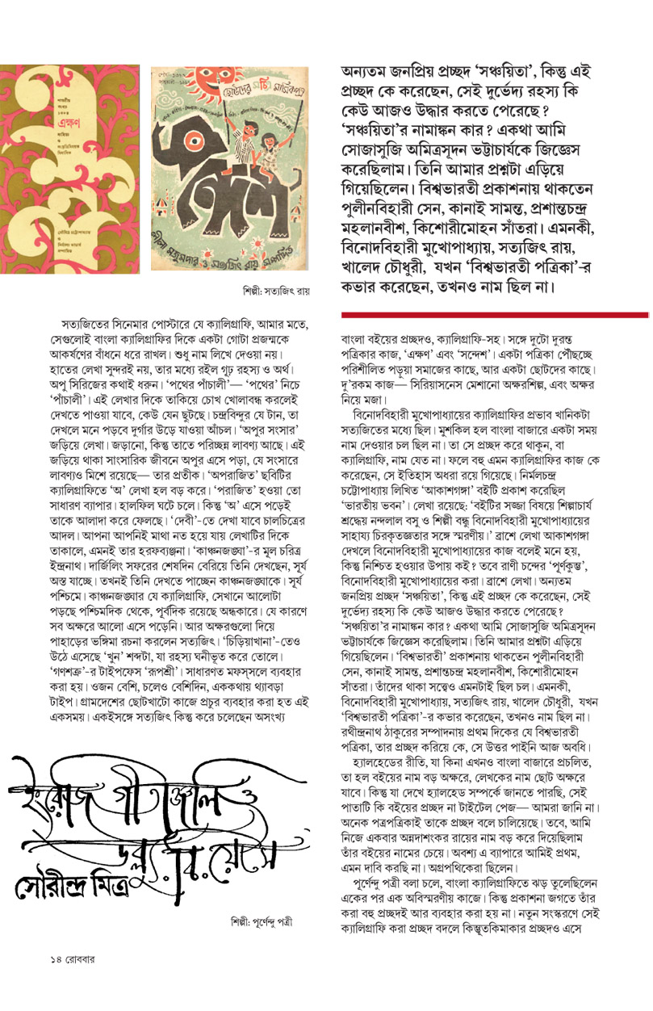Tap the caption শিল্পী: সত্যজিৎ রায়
click(x=275, y=289)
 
